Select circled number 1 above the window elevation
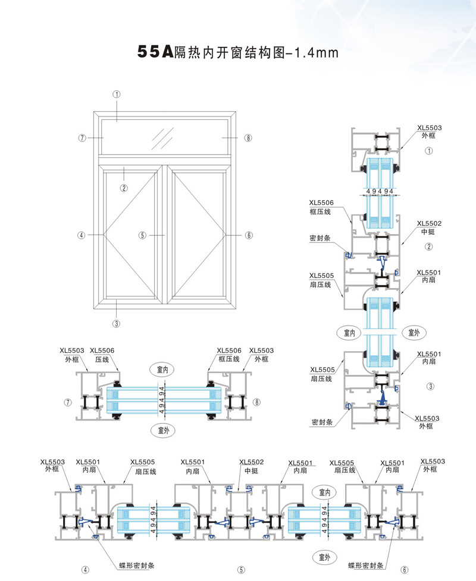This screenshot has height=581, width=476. point(117,94)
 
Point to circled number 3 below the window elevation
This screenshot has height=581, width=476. point(117,323)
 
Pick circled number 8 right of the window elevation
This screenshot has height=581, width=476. point(248,138)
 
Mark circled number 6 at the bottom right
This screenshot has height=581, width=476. point(405,569)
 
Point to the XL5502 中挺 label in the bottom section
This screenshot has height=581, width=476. point(252,466)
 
